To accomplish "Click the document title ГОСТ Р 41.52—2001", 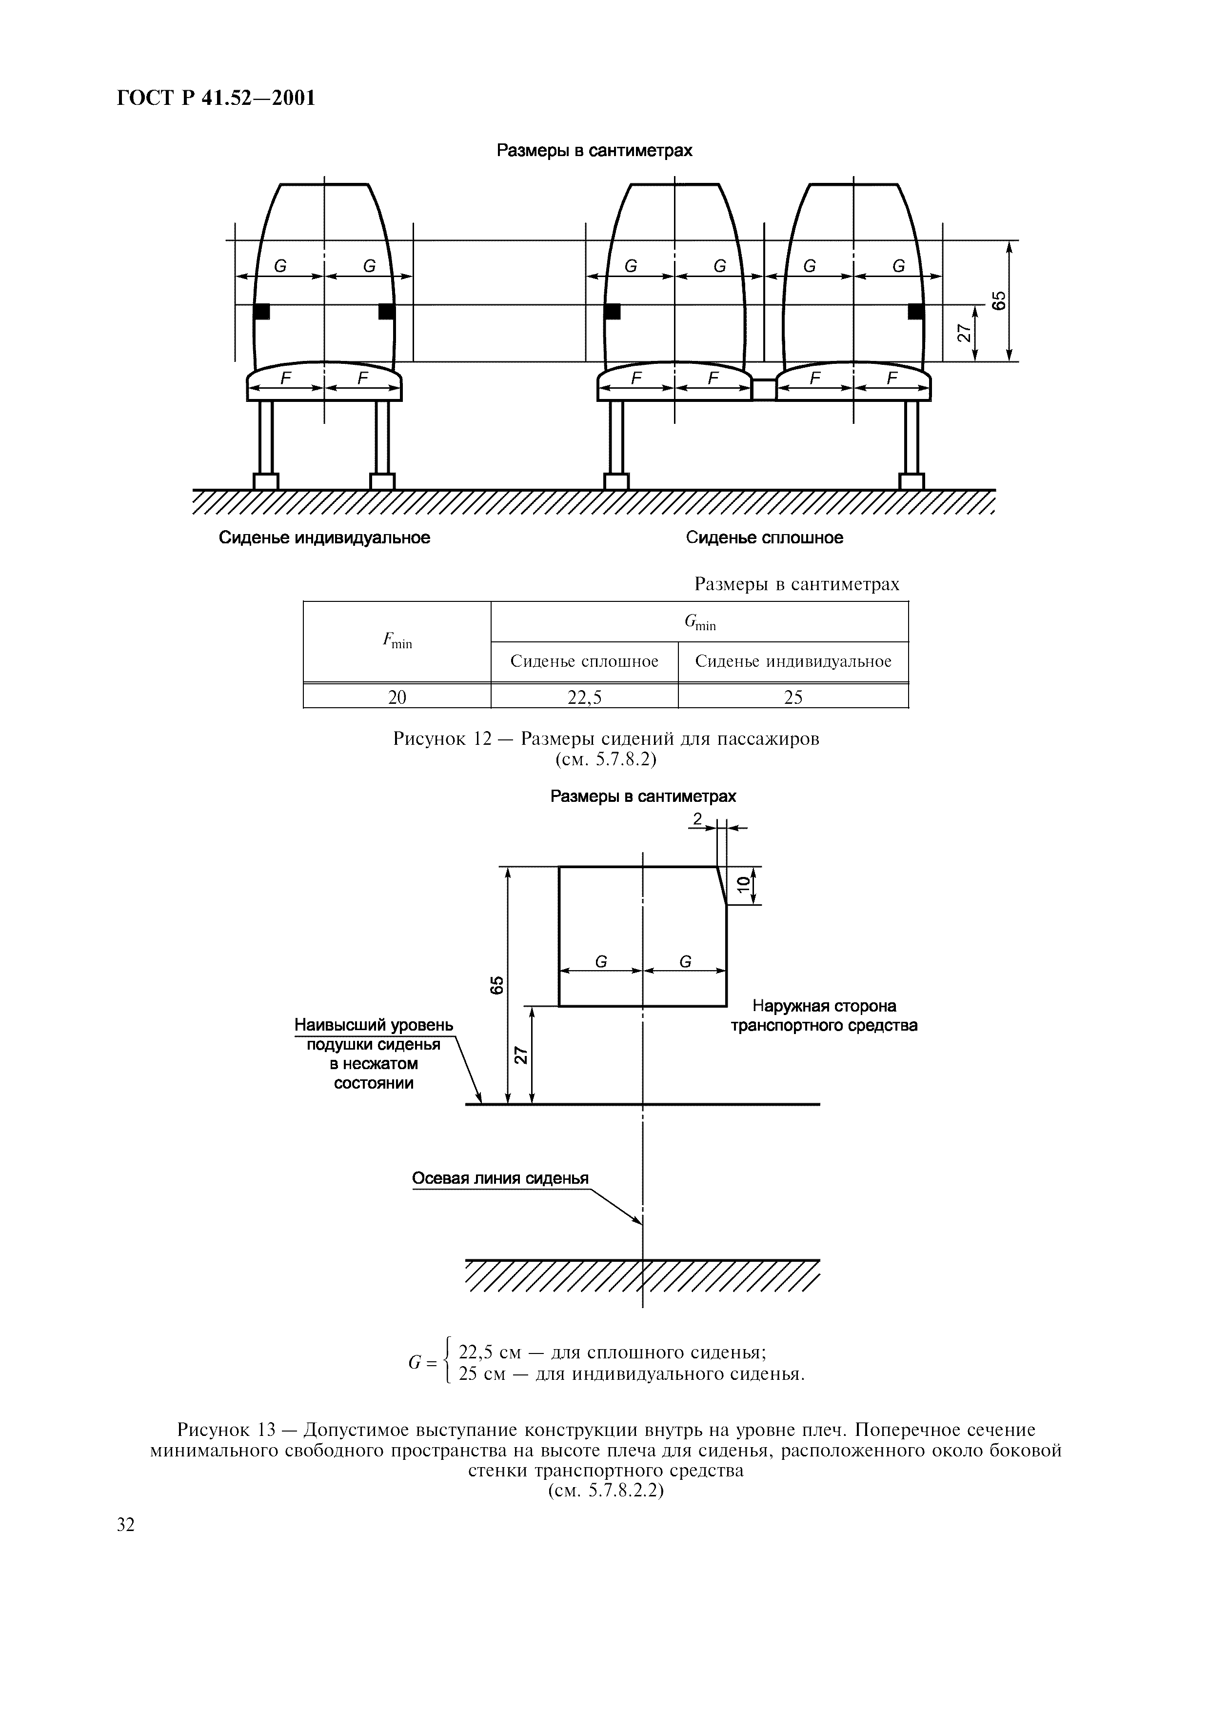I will tap(216, 98).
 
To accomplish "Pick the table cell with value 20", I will tap(396, 697).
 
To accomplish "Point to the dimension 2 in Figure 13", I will tap(697, 819).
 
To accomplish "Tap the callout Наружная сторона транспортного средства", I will tap(823, 1015).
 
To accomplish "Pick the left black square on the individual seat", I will tap(261, 311).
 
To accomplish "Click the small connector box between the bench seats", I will tap(763, 388).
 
